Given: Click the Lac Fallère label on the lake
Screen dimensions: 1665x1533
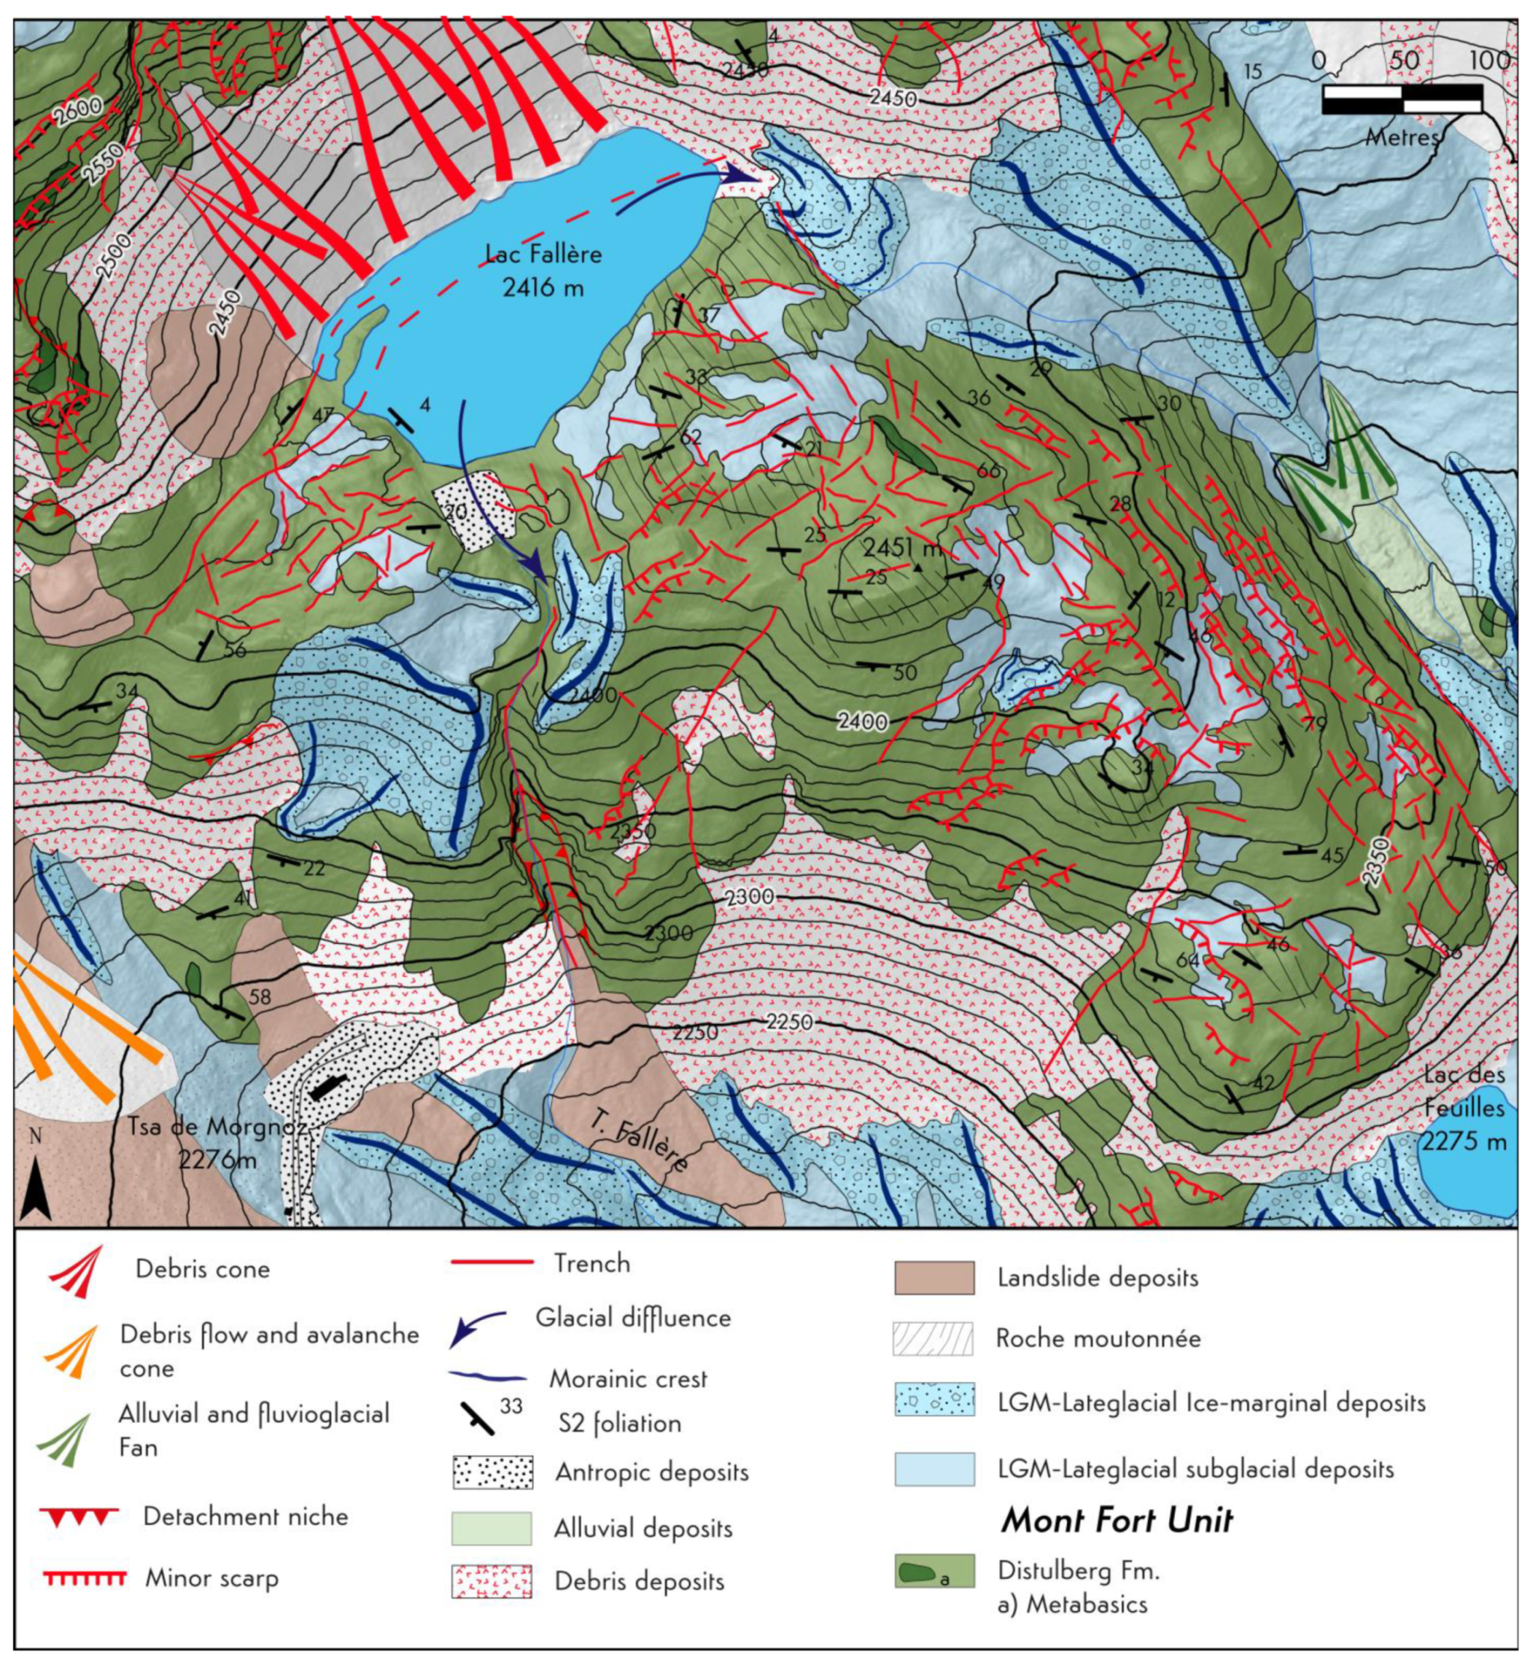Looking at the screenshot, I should point(544,270).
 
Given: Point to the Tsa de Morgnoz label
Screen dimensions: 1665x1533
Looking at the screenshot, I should point(217,1141).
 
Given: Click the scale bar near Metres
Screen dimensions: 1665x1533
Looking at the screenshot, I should point(1402,99).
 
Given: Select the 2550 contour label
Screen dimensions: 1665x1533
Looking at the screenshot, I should point(102,162).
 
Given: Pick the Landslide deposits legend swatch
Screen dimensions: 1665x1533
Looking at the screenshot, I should point(934,1278).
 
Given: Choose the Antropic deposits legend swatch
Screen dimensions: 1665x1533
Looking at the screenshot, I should point(492,1472).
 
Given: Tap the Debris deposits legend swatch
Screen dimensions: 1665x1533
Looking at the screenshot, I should point(492,1581).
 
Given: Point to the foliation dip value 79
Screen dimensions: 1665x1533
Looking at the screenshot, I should point(1315,724).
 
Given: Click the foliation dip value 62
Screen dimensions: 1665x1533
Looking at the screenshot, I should point(690,437).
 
